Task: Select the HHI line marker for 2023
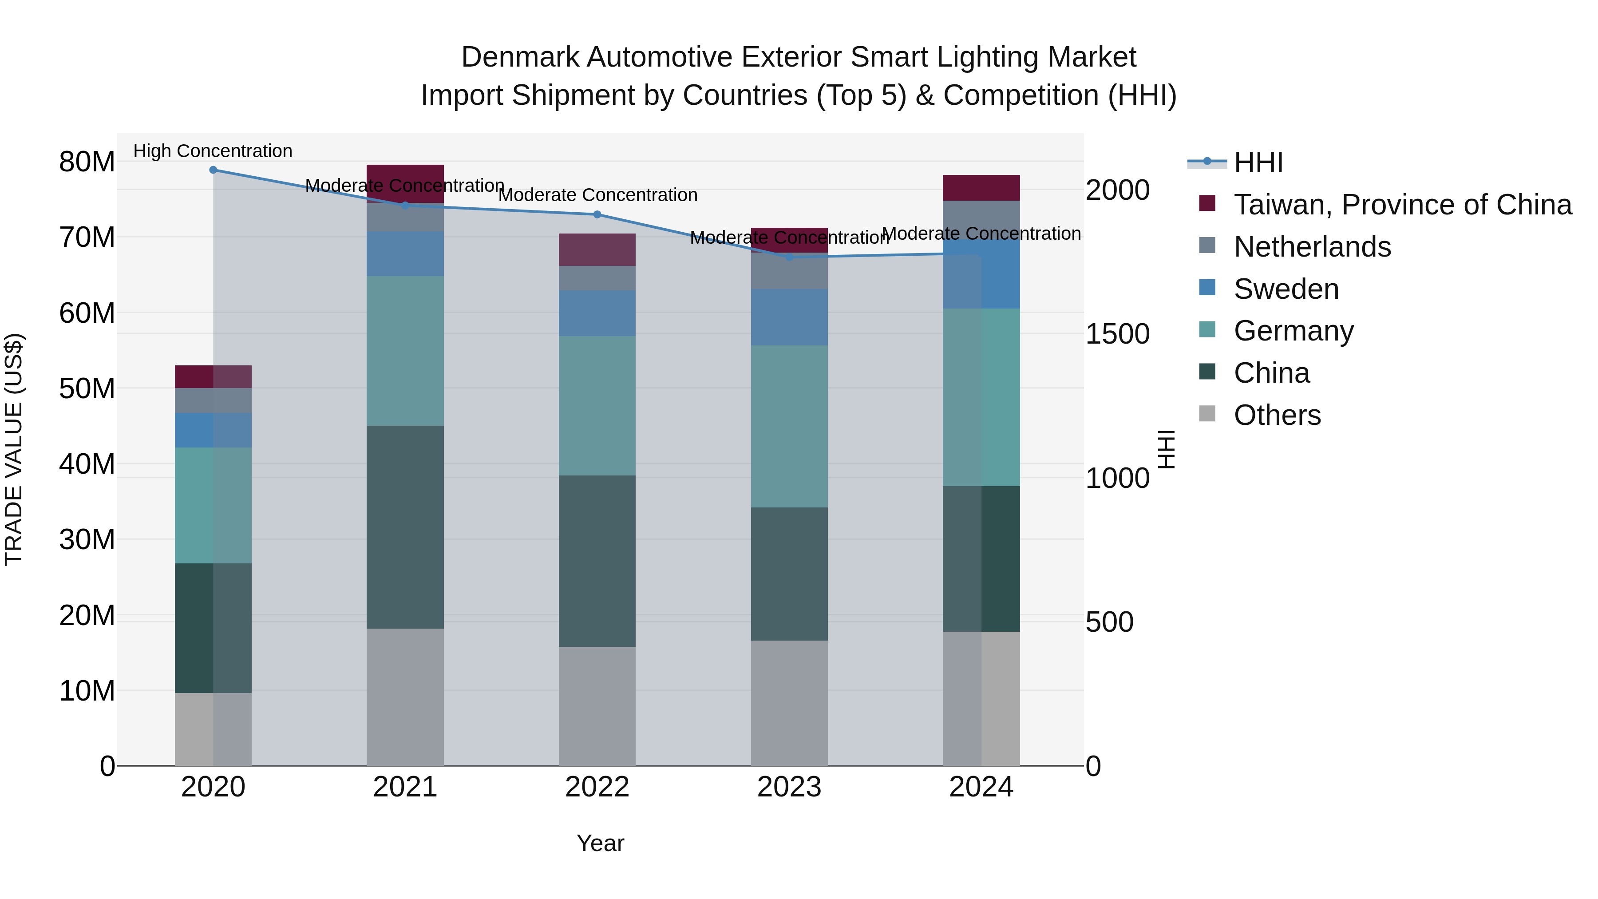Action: [x=789, y=257]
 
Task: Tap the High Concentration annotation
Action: [x=213, y=151]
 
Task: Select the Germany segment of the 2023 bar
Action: [x=789, y=426]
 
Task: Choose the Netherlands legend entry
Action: [x=1312, y=247]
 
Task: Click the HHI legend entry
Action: [x=1258, y=162]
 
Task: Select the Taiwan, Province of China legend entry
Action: [x=1402, y=205]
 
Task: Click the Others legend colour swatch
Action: [x=1207, y=414]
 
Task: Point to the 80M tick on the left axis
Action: [x=87, y=162]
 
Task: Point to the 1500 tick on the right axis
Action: [x=1117, y=334]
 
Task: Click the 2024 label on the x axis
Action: [x=981, y=787]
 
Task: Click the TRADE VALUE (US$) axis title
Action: [x=14, y=449]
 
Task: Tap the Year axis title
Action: [x=600, y=843]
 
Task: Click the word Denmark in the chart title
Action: [x=519, y=57]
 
